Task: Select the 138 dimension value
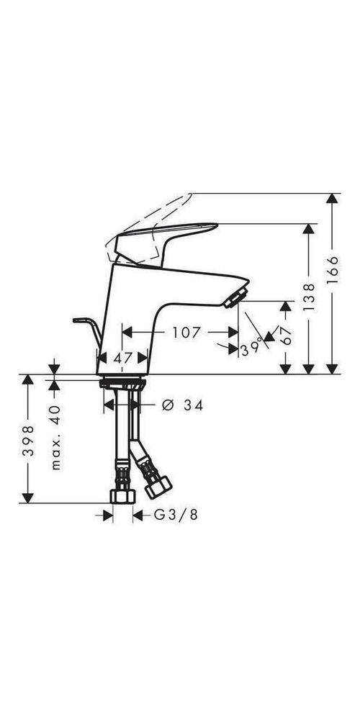point(309,297)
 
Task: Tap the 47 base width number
point(123,356)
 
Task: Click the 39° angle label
point(252,348)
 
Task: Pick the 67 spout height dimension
point(286,336)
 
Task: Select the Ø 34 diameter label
point(183,406)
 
